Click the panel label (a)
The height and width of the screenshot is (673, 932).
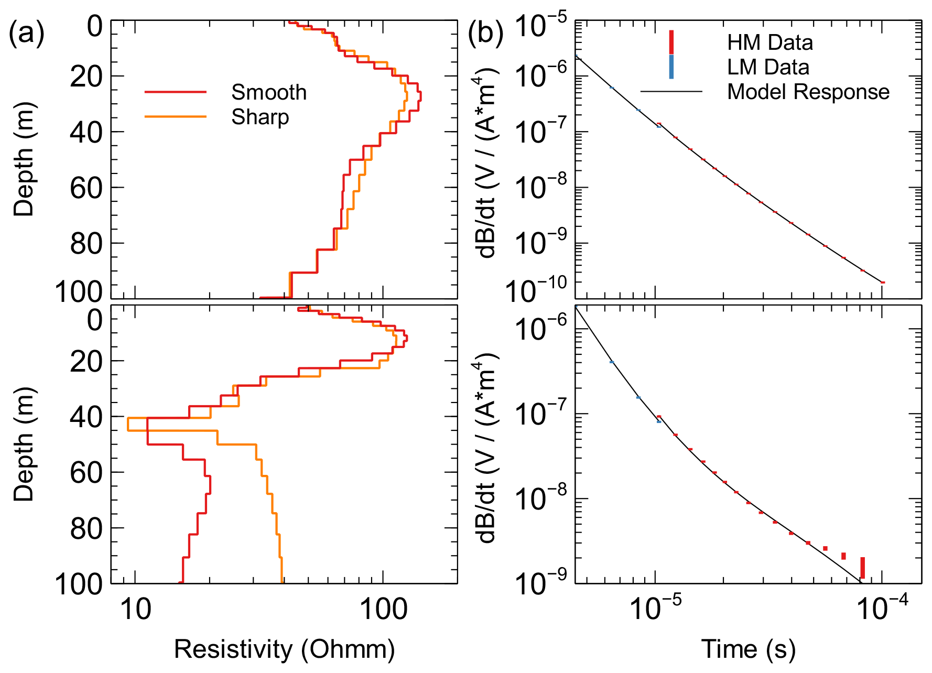pos(26,34)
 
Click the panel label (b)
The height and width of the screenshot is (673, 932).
pos(485,34)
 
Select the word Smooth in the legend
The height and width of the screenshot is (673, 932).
pos(269,92)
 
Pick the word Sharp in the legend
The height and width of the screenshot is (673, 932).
pos(260,117)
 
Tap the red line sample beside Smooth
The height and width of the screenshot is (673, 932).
pos(176,92)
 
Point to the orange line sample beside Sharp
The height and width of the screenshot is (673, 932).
pos(176,116)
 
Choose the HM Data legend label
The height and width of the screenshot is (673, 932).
pos(770,43)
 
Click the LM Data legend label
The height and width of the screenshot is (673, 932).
pos(768,67)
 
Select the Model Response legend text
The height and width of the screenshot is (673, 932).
pos(808,92)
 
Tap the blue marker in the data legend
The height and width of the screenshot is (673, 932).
pos(671,67)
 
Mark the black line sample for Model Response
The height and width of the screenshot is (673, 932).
pos(671,92)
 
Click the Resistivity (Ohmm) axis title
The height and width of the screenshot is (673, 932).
pos(284,649)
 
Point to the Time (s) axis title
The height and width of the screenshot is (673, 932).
pos(748,649)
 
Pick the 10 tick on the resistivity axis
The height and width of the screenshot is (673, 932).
pos(136,610)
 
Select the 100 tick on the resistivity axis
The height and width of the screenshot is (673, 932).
pos(383,610)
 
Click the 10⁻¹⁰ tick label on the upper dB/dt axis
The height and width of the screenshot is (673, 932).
pos(536,290)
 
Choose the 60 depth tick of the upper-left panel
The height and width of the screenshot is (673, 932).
pos(86,188)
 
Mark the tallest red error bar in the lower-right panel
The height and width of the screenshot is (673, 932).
pos(862,568)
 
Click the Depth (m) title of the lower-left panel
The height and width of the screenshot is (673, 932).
pos(24,444)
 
